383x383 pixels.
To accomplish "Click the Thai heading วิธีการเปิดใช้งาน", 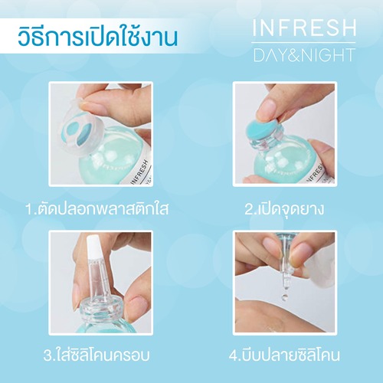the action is tap(97, 38).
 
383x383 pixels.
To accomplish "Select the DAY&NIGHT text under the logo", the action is tap(304, 54).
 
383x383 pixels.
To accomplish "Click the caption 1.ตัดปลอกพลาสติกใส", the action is tap(97, 208).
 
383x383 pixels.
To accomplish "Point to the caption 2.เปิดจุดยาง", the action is tap(284, 209).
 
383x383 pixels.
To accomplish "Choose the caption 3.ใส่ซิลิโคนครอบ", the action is tap(97, 354).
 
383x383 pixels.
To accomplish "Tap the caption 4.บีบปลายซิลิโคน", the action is tap(284, 354).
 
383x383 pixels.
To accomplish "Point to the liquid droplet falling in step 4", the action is tap(284, 296).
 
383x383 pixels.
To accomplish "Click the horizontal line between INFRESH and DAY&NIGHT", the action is tap(303, 42).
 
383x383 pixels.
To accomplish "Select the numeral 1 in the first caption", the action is tap(29, 209).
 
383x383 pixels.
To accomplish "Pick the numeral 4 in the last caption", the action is tap(234, 355).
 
